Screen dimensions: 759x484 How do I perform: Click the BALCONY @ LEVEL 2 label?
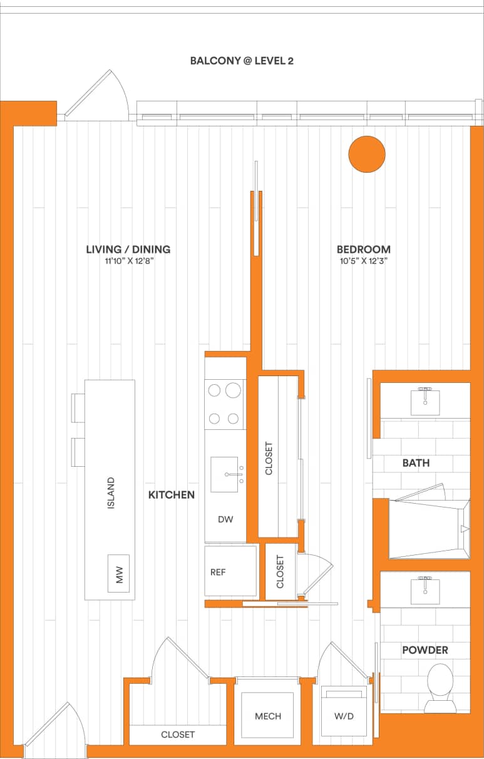[x=242, y=61]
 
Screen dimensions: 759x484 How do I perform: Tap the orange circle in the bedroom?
[x=366, y=154]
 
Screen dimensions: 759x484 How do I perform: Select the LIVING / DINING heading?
[x=128, y=249]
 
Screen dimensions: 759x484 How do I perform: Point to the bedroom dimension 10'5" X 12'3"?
[x=364, y=262]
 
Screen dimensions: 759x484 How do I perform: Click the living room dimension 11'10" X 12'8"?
[x=129, y=262]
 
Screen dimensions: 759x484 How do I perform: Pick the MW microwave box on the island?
[x=118, y=573]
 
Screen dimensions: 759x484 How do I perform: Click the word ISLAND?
[x=111, y=493]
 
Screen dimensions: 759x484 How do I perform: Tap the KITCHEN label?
[x=171, y=495]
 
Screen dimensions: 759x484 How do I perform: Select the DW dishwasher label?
[x=225, y=519]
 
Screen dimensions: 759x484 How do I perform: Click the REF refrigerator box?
[x=230, y=571]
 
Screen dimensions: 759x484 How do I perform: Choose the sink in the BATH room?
[x=425, y=401]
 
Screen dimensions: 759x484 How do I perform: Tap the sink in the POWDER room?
[x=425, y=590]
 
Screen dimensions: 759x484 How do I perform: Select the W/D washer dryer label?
[x=344, y=716]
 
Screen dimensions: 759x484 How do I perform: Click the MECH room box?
[x=268, y=716]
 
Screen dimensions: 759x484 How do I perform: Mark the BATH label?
[x=416, y=463]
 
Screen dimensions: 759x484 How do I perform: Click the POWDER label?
[x=425, y=650]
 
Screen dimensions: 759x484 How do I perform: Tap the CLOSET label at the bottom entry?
[x=178, y=735]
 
